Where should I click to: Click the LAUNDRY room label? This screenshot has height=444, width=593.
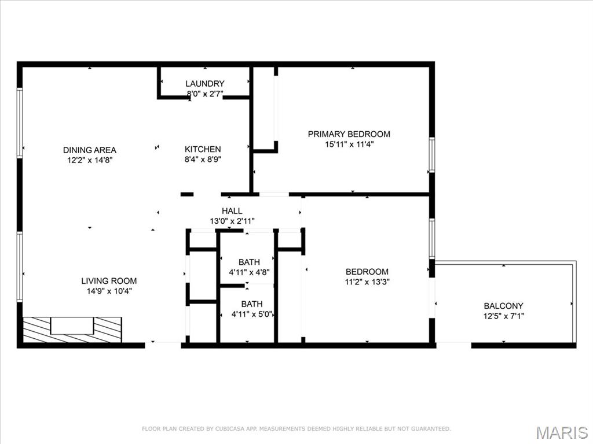point(204,84)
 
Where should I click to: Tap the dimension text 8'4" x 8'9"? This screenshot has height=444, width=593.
point(203,160)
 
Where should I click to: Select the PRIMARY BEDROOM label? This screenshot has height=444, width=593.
point(349,134)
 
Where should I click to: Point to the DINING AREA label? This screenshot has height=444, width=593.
point(89,150)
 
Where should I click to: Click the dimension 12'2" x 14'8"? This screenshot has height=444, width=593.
point(89,160)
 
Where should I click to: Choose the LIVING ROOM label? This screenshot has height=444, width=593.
point(109,281)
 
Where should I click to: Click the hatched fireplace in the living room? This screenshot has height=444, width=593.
point(72,329)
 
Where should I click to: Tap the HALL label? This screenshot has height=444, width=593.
point(232,211)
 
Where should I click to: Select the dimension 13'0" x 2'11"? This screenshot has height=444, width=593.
point(232,221)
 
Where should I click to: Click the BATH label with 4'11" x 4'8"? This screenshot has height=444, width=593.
point(250,262)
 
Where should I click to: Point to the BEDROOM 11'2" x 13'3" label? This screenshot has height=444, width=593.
point(367,272)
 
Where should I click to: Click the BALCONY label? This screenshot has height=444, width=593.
point(503,306)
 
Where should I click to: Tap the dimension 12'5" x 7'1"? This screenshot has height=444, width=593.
point(503,316)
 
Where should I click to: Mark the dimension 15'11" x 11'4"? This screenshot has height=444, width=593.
point(349,145)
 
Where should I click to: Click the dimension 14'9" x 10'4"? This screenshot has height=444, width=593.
point(109,291)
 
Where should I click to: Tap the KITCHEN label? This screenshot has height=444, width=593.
point(203,149)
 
